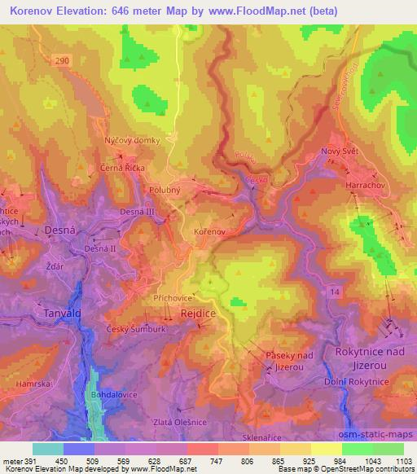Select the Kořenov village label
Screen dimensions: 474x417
click(209, 232)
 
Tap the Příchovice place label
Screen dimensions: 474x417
click(172, 299)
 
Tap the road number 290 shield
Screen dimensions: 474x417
click(64, 61)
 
